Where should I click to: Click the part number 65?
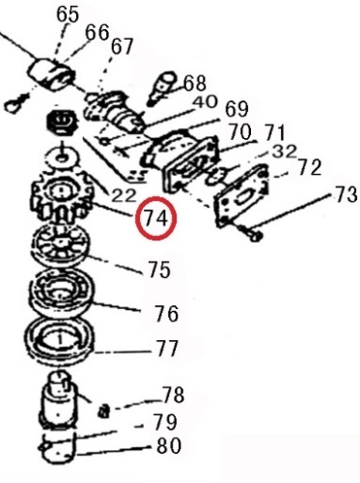[x=68, y=14]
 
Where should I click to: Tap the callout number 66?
[x=97, y=33]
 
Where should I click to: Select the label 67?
[x=122, y=46]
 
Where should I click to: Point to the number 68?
[x=194, y=83]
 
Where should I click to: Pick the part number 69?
[x=236, y=109]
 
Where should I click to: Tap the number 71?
[x=274, y=132]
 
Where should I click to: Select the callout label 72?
[x=310, y=167]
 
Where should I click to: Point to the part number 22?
[x=124, y=195]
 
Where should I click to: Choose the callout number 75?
[x=159, y=270]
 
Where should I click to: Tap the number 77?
[x=167, y=349]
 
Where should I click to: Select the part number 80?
[x=169, y=445]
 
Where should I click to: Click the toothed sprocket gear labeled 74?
[x=61, y=195]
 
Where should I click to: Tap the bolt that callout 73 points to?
[x=251, y=232]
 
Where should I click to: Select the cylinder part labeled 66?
[x=52, y=74]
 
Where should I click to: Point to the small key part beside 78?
[x=103, y=412]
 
